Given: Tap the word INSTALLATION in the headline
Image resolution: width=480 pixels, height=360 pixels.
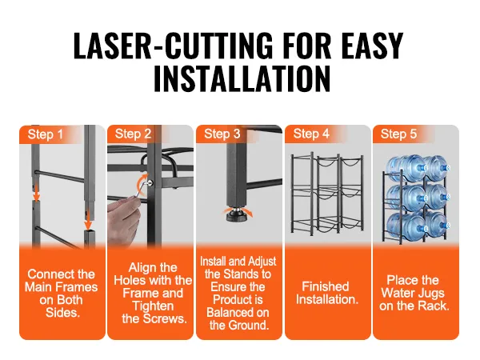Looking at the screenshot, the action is [242, 78].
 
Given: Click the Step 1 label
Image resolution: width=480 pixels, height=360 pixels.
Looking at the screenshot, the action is [46, 134].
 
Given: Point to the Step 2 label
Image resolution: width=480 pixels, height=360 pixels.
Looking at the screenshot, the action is [133, 134].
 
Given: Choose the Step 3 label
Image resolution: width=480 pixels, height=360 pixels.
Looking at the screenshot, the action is [222, 134].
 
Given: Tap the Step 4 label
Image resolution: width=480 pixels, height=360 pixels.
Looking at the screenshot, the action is [311, 134].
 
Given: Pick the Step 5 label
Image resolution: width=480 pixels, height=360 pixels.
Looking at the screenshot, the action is [398, 134].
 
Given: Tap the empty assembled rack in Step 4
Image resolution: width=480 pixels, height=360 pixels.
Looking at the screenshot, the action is [327, 193].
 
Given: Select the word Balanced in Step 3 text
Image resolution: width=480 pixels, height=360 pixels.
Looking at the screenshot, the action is [238, 313].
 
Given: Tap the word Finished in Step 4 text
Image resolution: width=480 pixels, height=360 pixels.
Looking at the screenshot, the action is [326, 286].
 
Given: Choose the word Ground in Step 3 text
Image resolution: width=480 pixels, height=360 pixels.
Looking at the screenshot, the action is [249, 325].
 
